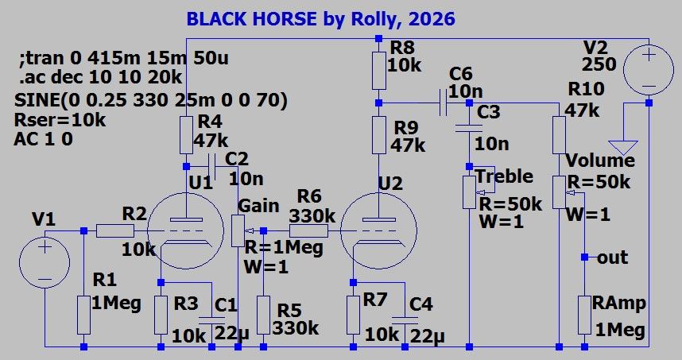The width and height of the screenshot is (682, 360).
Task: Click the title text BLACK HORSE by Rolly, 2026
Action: point(321,17)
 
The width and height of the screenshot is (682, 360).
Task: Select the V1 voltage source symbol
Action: point(45,256)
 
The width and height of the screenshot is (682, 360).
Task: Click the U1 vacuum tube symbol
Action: point(185,232)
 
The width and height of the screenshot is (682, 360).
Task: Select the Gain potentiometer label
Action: point(258,206)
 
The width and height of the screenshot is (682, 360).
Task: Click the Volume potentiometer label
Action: point(599,161)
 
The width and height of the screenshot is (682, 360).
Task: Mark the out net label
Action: point(613,257)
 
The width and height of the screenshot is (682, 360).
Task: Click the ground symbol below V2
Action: point(623,146)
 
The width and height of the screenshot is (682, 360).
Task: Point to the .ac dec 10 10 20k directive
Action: point(99,78)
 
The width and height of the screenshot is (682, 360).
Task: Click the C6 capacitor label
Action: point(460,74)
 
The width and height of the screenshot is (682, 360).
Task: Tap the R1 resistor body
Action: point(83,315)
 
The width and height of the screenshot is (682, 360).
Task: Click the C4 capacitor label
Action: point(421,304)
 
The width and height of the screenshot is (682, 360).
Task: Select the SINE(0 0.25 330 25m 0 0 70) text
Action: point(150,100)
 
